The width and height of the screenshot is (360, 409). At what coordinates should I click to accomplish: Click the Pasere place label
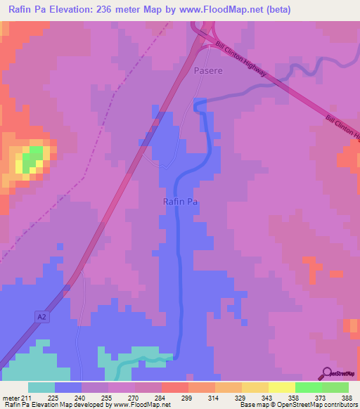pos(208,71)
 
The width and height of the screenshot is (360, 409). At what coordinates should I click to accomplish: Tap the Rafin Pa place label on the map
pos(180,202)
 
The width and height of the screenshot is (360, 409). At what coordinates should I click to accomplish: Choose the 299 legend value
pos(186,398)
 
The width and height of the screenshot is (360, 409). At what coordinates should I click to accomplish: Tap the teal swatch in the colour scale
pos(41,387)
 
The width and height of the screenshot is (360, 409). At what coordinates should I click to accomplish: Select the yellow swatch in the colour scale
pos(281,387)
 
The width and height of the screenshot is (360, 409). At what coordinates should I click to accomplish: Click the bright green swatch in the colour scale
pos(308,387)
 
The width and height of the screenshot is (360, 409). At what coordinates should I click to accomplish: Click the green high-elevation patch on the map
pos(32,158)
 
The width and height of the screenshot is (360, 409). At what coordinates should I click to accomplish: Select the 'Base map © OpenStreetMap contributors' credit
pos(299,405)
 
